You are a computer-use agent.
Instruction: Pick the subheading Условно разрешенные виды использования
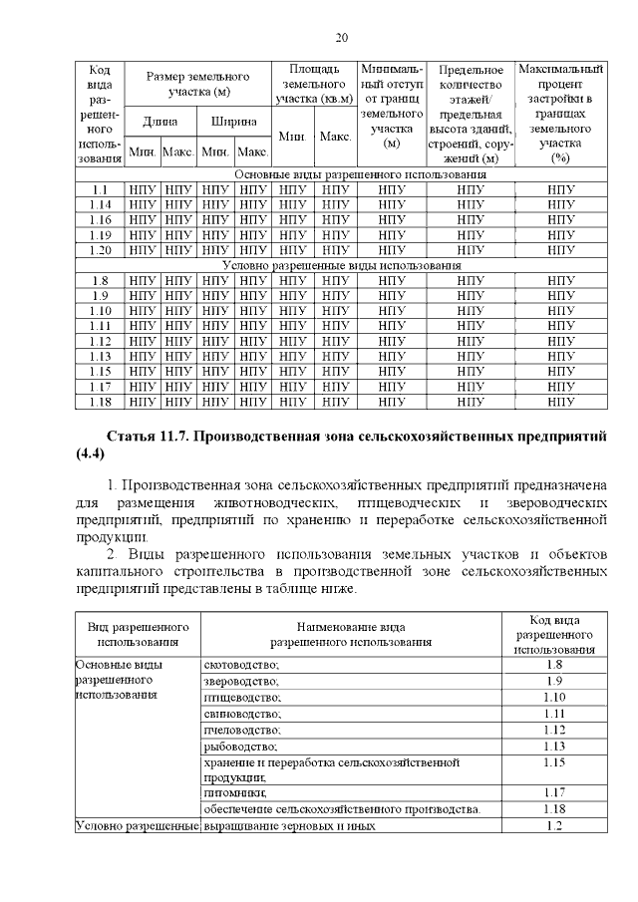click(x=341, y=266)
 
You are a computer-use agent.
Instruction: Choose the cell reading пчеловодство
click(x=242, y=730)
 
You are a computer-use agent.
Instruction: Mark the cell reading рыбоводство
click(x=239, y=746)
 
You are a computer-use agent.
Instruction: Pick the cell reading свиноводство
click(x=242, y=714)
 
